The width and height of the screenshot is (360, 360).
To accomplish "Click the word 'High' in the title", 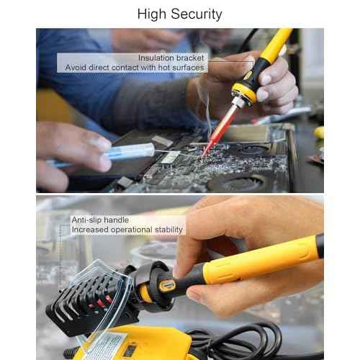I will [x=153, y=14].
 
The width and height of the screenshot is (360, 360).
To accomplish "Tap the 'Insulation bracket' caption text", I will [x=171, y=57].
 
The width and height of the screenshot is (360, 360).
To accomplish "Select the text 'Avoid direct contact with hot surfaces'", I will [x=135, y=68].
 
